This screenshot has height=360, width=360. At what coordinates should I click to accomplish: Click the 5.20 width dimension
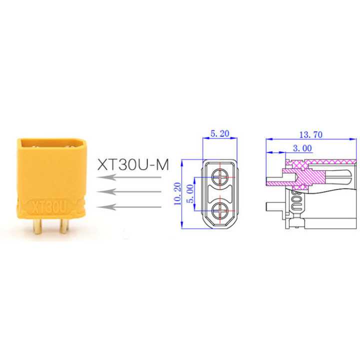[220, 133]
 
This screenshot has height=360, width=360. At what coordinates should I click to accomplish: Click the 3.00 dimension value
[301, 148]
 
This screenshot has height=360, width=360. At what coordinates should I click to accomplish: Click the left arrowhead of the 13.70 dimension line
[268, 138]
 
